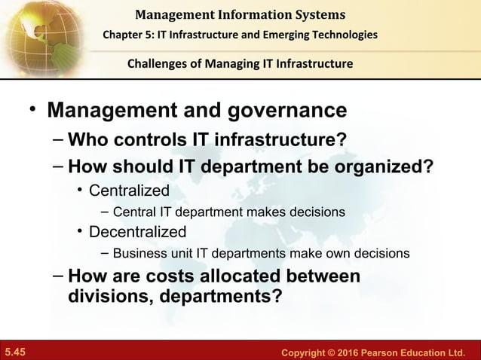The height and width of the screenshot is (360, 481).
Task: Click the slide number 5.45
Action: click(15, 352)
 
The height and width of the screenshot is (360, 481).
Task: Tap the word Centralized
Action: click(129, 190)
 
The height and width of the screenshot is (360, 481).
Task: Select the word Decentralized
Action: click(137, 231)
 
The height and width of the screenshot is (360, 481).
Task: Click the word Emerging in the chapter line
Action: click(291, 35)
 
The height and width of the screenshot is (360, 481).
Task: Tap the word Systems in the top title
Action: click(316, 14)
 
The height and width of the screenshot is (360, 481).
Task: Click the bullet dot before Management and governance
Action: click(32, 110)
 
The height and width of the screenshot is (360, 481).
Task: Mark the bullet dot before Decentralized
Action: click(80, 230)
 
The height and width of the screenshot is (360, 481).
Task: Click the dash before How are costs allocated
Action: click(59, 275)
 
